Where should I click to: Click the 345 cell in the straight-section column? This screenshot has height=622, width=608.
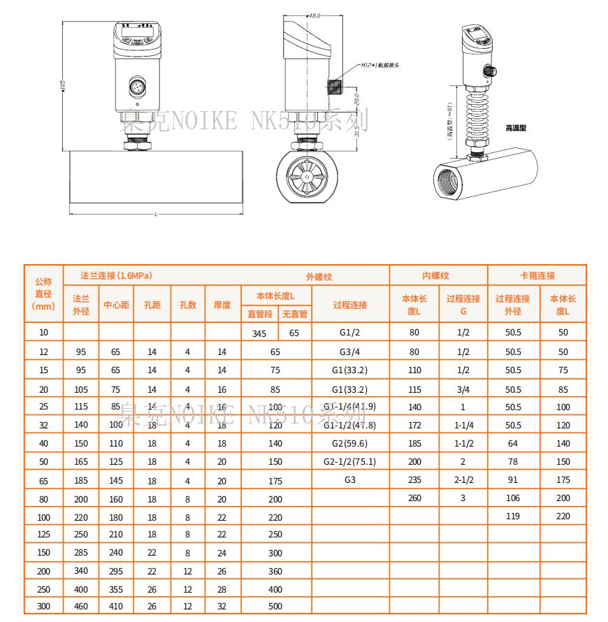pos(259,333)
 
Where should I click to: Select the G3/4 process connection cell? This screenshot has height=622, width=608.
pos(349,352)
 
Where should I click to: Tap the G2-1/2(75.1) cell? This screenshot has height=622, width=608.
pos(349,461)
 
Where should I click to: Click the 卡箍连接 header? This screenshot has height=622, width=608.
pos(537,275)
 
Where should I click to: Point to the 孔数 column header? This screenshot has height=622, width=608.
pos(187,305)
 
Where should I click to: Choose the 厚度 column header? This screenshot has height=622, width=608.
pos(222,305)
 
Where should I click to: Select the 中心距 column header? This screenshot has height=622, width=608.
pos(116,305)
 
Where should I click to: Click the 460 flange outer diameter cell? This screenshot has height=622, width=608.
pos(81,607)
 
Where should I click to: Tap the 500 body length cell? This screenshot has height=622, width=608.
pos(275,607)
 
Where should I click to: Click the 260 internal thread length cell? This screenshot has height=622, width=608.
pos(414,498)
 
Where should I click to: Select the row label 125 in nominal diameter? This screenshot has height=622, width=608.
pos(43,534)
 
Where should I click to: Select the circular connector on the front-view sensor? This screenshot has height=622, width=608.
pos(137,87)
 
